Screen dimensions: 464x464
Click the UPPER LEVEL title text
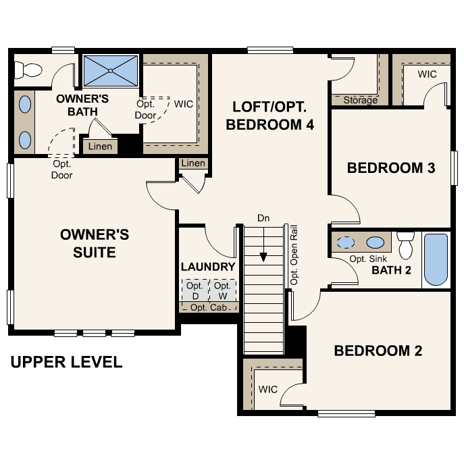66,363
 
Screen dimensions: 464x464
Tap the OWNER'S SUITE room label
94,243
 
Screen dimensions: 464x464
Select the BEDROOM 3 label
390,167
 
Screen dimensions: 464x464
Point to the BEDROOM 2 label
378,351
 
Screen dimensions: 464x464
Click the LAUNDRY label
208,267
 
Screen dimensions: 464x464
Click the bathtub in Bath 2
436,260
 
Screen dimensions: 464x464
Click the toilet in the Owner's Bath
28,68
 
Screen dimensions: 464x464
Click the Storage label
360,101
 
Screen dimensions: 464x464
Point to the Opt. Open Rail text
294,254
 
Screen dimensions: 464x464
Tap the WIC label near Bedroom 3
426,74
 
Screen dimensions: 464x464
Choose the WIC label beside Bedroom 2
267,390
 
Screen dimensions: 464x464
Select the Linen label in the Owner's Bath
101,147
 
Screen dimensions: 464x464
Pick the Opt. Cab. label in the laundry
208,308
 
